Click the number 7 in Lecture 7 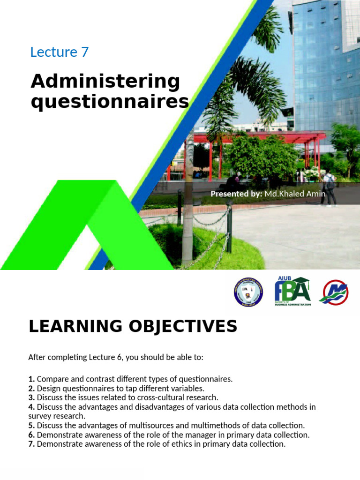[84, 52]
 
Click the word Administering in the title [105, 82]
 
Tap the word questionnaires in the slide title [110, 102]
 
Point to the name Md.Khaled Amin [295, 194]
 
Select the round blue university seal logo [248, 292]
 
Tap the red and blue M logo [333, 292]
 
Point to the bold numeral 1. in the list [31, 379]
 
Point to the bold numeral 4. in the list [31, 407]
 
